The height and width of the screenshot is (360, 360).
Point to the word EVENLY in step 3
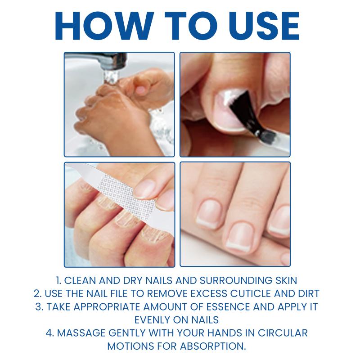152,320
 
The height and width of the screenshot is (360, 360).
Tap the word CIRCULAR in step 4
283,333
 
